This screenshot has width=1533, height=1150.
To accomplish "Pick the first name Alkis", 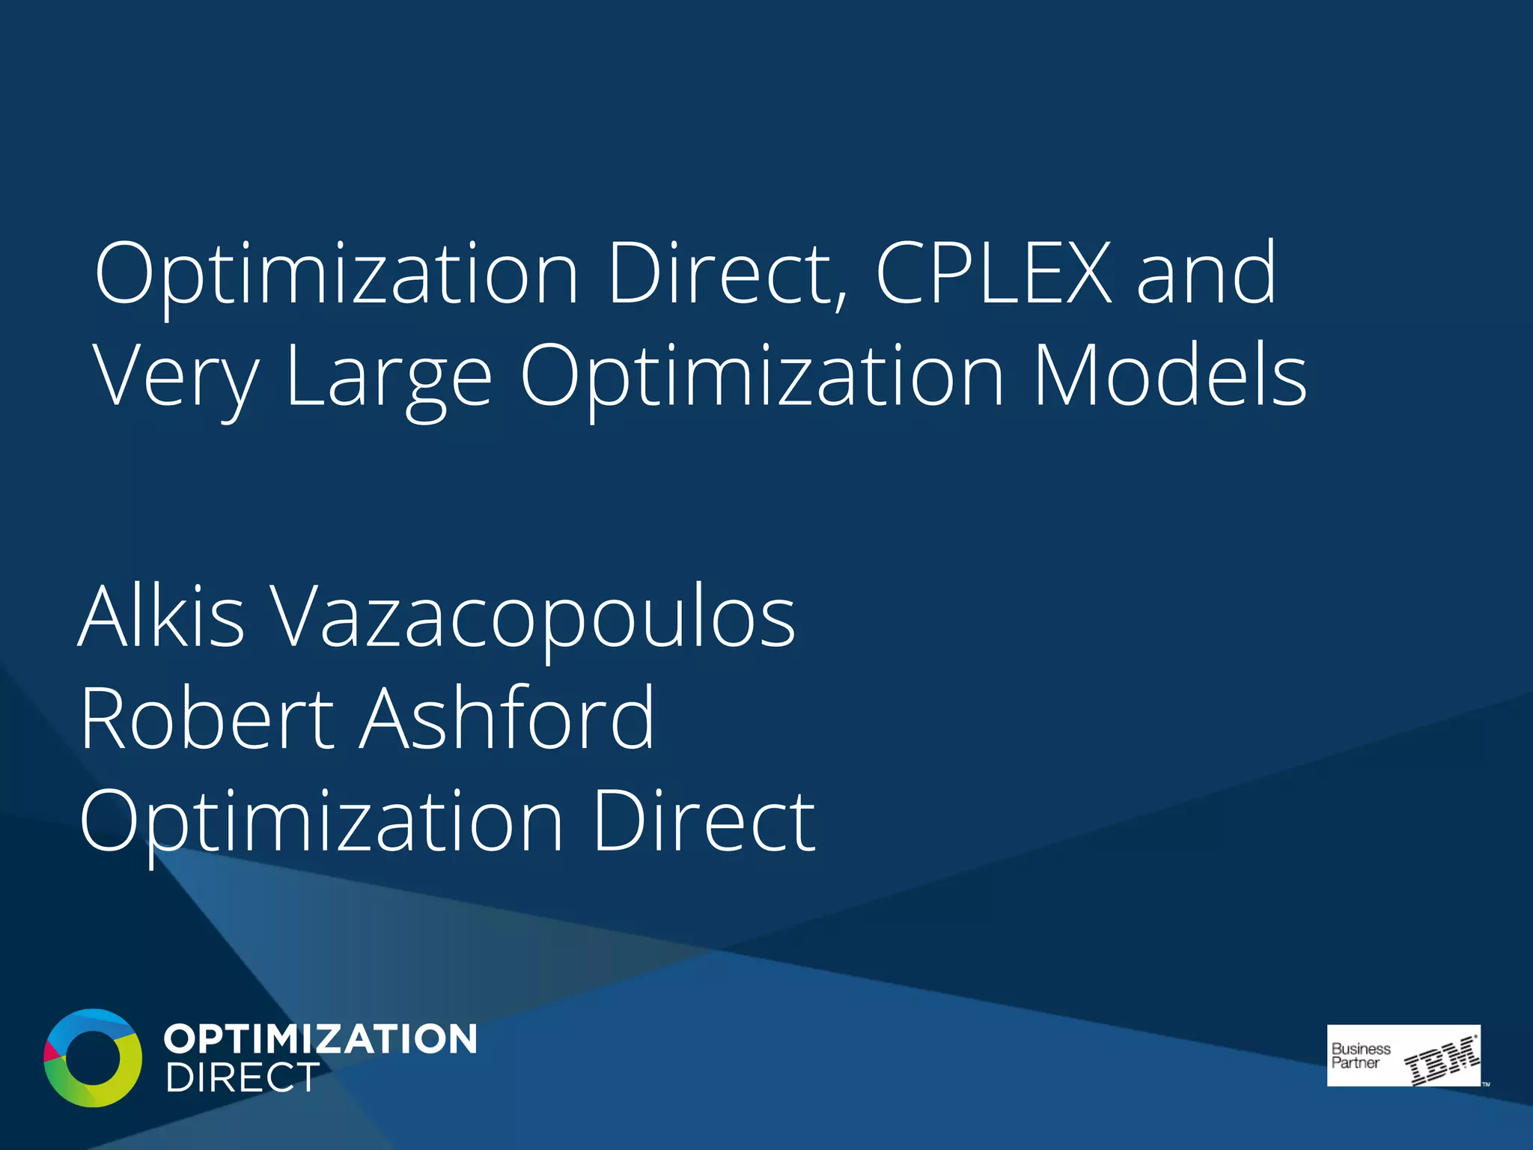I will click(x=162, y=617).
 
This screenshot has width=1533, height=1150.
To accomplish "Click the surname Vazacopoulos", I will click(x=532, y=618).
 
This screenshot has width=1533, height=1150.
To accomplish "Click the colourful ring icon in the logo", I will click(x=93, y=1057).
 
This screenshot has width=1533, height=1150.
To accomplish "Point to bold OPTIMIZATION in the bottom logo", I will click(x=320, y=1039).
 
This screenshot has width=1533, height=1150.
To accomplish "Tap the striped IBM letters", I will click(x=1442, y=1060).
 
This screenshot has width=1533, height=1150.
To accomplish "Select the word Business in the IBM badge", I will click(x=1361, y=1049).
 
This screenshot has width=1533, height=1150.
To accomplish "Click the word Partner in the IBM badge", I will click(x=1355, y=1063).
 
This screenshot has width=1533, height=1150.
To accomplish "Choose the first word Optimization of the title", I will click(x=337, y=275).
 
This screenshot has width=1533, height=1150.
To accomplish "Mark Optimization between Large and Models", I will click(x=762, y=377).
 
